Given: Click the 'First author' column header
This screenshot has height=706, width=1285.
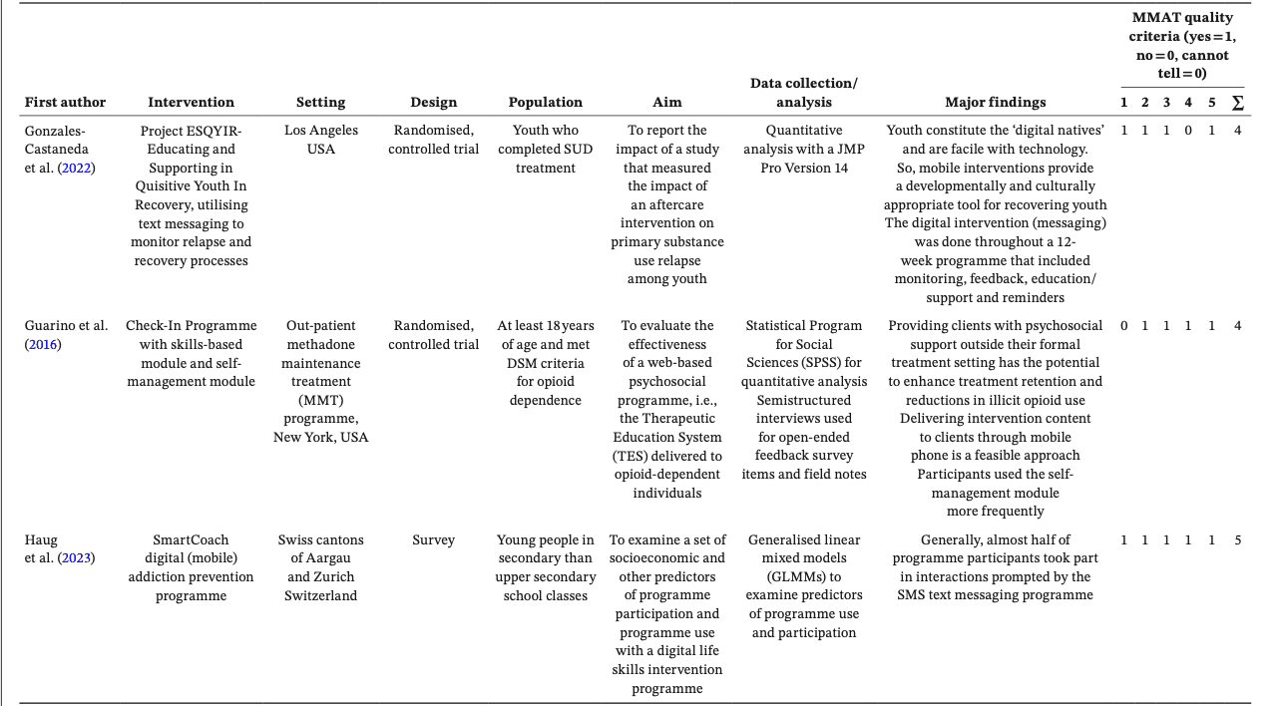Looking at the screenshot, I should (65, 102).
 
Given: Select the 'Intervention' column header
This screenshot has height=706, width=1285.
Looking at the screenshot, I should (191, 102).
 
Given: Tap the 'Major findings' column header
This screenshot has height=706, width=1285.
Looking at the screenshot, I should (995, 102).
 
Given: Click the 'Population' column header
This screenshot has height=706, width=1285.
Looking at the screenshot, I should (545, 102).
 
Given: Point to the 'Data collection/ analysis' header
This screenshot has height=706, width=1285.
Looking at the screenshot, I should (803, 93).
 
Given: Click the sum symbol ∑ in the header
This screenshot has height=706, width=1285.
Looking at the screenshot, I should (1237, 102).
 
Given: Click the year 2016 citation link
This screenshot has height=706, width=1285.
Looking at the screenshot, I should (43, 345).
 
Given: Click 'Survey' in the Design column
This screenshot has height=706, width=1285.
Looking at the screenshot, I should (433, 539).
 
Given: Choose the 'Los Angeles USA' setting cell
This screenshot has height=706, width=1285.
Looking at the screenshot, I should (320, 140).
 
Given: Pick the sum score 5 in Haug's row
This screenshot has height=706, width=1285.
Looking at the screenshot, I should (1237, 539).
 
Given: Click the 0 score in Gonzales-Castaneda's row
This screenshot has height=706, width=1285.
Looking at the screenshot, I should (1187, 130).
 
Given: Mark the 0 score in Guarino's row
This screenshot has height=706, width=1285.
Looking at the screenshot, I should (1123, 325).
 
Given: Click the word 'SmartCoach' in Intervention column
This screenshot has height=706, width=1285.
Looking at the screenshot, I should (191, 539).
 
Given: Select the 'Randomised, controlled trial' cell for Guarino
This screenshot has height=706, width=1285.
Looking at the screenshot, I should (433, 335).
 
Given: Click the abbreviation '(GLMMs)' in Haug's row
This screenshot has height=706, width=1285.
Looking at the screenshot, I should (803, 576).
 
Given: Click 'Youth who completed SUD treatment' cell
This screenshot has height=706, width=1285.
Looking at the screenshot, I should (545, 149).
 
